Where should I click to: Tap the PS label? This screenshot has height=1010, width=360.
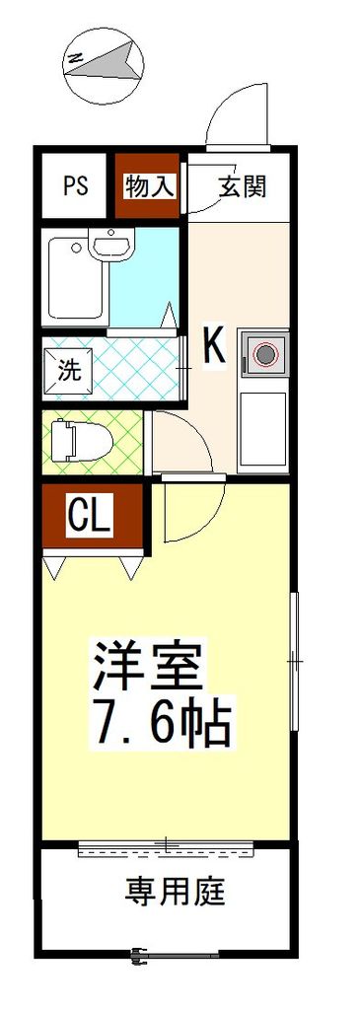76,186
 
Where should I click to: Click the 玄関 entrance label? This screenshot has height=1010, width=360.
243,186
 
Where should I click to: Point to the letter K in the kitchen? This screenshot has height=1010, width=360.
215,346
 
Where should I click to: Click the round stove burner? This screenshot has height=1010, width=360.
264,351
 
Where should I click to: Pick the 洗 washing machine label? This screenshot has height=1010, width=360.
68,371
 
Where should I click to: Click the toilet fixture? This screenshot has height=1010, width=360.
79,440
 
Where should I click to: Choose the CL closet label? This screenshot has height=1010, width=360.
90,514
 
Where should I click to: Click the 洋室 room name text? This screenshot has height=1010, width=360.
148,669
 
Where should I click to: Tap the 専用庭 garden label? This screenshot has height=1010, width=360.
176,894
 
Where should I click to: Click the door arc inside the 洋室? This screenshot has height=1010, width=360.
192,513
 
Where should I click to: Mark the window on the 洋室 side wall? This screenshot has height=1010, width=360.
293,662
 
